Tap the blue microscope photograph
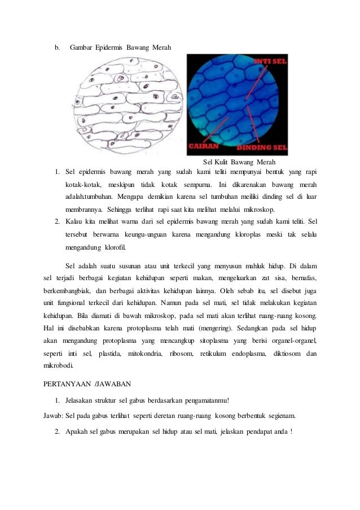[x=237, y=104]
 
